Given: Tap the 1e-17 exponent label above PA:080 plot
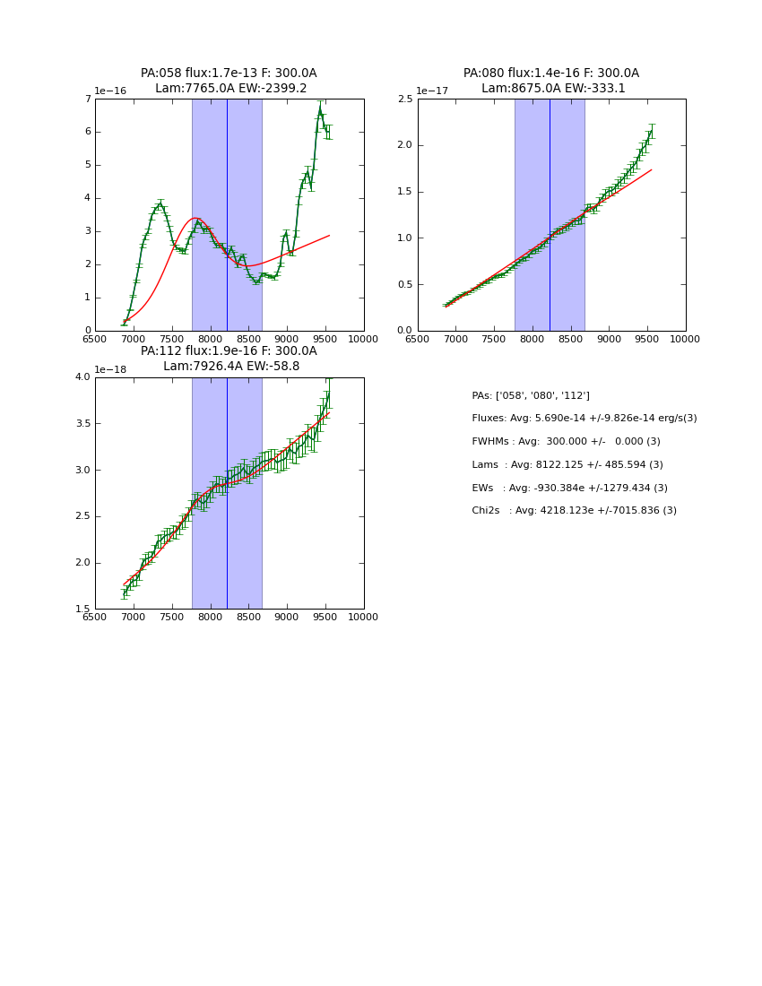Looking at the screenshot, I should [x=435, y=91].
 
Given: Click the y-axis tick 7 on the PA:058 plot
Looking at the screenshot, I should [x=87, y=99].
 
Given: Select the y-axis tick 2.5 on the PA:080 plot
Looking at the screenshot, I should [x=404, y=99].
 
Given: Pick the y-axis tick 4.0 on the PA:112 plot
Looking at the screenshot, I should [x=82, y=377].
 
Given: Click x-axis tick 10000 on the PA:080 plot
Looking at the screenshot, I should [x=686, y=340].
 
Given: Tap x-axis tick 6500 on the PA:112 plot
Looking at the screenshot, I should [x=95, y=618].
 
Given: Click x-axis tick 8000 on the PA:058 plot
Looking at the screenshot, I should [x=211, y=340].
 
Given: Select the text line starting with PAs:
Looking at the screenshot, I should [x=531, y=395].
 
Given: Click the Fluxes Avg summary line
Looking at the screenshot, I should [x=584, y=419].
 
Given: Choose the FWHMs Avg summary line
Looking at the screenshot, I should [x=566, y=442].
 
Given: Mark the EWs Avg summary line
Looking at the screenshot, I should [x=569, y=489].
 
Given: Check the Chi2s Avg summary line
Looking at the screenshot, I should [x=574, y=511].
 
